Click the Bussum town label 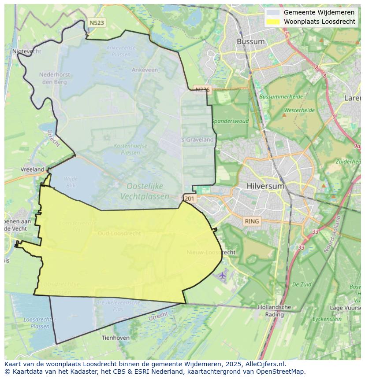[x=250, y=42]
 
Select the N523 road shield [x=96, y=23]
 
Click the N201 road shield [x=189, y=199]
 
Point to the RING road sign [x=252, y=221]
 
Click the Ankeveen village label [x=145, y=70]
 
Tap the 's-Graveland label [x=197, y=140]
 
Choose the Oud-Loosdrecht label [x=119, y=233]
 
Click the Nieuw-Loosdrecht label [x=211, y=252]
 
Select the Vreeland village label [x=33, y=169]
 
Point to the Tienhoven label [x=115, y=338]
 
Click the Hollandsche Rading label [x=274, y=310]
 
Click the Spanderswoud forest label [x=230, y=121]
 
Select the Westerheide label [x=299, y=110]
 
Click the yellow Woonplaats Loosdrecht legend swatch [x=273, y=22]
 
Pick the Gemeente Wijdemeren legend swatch [x=273, y=12]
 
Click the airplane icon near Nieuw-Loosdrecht [x=222, y=276]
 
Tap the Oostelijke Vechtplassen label [x=145, y=191]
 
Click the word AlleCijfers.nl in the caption [x=263, y=364]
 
